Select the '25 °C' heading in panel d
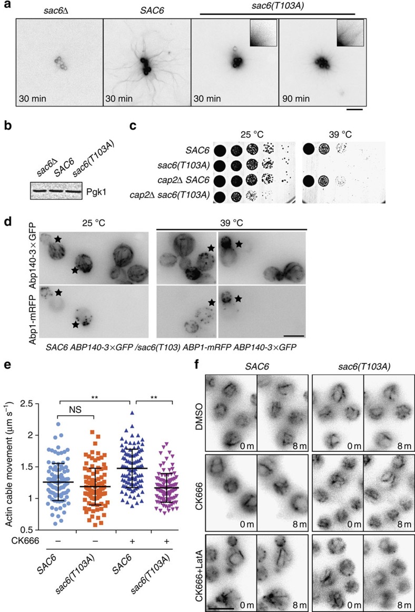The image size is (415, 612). point(94,222)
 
